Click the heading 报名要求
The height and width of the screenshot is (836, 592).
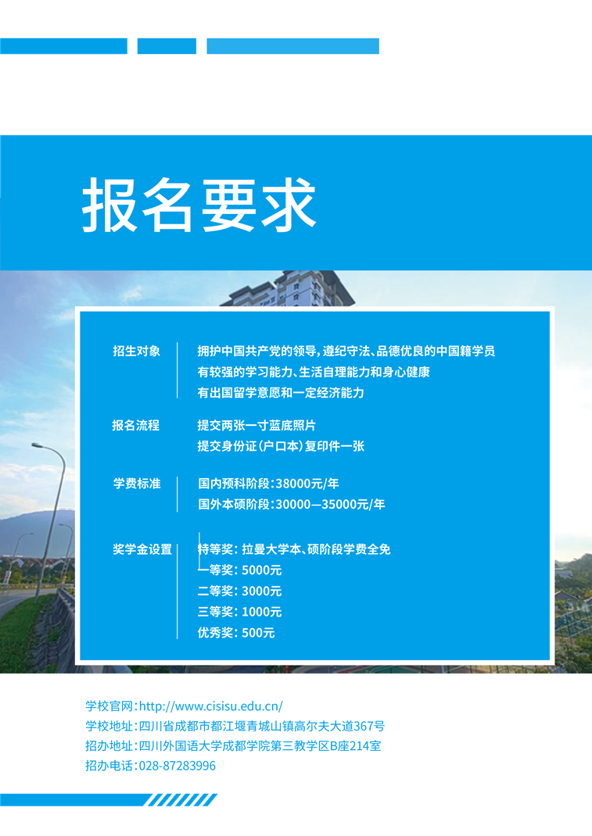[x=199, y=205]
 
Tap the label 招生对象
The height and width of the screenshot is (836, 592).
[x=137, y=351]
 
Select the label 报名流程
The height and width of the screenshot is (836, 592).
[x=136, y=426]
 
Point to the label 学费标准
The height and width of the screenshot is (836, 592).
[x=137, y=484]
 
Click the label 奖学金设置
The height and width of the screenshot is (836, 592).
[x=142, y=549]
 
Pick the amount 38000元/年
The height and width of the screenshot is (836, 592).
[x=307, y=484]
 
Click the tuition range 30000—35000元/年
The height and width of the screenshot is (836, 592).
[x=330, y=505]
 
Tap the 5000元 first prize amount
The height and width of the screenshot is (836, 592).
[x=261, y=570]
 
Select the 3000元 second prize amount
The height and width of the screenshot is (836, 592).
[x=261, y=591]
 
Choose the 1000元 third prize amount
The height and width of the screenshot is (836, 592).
[x=261, y=612]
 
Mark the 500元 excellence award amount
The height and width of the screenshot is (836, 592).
[x=258, y=633]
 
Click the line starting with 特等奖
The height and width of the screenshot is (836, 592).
[x=294, y=549]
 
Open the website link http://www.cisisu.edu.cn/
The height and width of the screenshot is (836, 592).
[x=211, y=706]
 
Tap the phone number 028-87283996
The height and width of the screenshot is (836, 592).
[x=178, y=766]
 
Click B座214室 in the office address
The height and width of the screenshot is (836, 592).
[x=356, y=746]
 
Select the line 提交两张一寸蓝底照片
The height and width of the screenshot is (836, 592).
[x=257, y=426]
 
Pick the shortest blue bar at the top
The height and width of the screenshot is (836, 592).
[x=167, y=46]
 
